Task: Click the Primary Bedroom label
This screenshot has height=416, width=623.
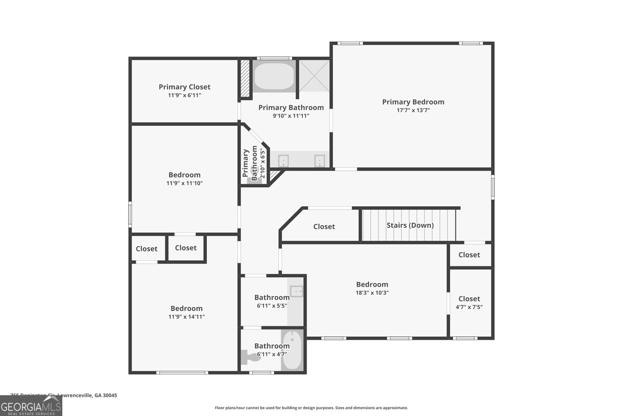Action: (413, 102)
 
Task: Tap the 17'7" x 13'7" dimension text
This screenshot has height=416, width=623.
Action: (413, 110)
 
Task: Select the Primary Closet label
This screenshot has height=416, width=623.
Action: (184, 87)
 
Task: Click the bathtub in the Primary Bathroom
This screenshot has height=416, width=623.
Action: (274, 76)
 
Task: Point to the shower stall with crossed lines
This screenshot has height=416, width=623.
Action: (314, 75)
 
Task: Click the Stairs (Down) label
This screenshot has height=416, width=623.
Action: (410, 225)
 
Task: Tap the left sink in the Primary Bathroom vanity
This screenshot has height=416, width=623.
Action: (283, 161)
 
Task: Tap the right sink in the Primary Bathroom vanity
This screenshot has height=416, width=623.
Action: (320, 161)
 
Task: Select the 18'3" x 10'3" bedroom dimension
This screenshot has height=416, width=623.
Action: (372, 293)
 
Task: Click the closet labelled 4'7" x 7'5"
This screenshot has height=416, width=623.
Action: (469, 303)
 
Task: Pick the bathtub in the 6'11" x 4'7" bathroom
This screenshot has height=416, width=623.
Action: (292, 350)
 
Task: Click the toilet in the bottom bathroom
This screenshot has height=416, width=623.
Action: (248, 356)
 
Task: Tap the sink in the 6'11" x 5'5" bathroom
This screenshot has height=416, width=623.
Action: (297, 291)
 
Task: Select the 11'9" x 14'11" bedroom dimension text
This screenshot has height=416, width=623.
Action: (187, 317)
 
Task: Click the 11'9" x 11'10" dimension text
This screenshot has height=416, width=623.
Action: (185, 183)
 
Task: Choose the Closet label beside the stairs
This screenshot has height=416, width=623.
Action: (324, 227)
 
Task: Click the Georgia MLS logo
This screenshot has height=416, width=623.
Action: (31, 407)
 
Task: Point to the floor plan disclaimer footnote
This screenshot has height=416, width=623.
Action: (311, 408)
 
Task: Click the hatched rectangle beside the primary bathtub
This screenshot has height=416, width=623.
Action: (245, 78)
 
